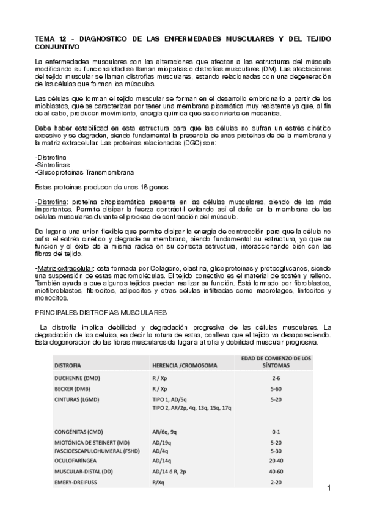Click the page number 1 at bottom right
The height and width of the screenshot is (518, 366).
(x=328, y=487)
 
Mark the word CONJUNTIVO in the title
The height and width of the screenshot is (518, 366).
(x=57, y=46)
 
